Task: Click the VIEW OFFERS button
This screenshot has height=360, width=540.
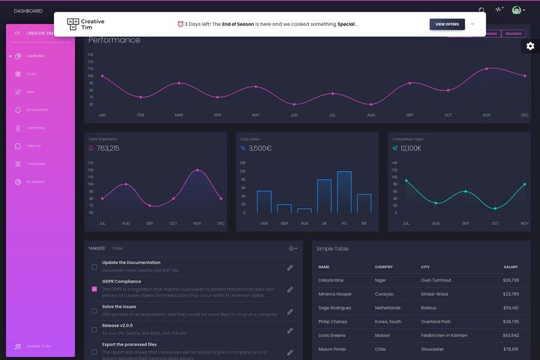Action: [x=447, y=24]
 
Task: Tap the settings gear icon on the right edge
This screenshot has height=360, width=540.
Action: [x=530, y=46]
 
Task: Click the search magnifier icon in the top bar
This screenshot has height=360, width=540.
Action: [x=482, y=10]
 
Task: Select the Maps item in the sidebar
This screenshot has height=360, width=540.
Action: [x=30, y=92]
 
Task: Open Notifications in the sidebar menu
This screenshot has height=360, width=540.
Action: [x=37, y=110]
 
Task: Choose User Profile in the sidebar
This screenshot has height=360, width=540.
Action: [x=35, y=128]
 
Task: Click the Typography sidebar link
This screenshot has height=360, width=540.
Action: [x=35, y=164]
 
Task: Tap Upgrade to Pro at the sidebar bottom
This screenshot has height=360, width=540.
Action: [x=38, y=346]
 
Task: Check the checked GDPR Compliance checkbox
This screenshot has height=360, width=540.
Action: [x=94, y=289]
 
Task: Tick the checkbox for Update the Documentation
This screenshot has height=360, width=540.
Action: [x=94, y=266]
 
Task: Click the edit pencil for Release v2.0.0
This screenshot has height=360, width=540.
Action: [x=290, y=330]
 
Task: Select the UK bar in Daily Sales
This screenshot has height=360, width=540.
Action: [x=324, y=196]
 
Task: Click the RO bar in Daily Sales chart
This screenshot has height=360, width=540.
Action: [x=344, y=191]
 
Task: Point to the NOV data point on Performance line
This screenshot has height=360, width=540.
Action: [x=487, y=68]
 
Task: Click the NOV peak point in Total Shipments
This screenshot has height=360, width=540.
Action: [x=197, y=170]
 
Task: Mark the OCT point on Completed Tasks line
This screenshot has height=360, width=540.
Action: [x=495, y=208]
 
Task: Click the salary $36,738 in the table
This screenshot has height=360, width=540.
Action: [x=511, y=280]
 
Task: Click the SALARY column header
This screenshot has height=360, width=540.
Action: [x=511, y=267]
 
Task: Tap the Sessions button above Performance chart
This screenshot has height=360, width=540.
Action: [x=514, y=34]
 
